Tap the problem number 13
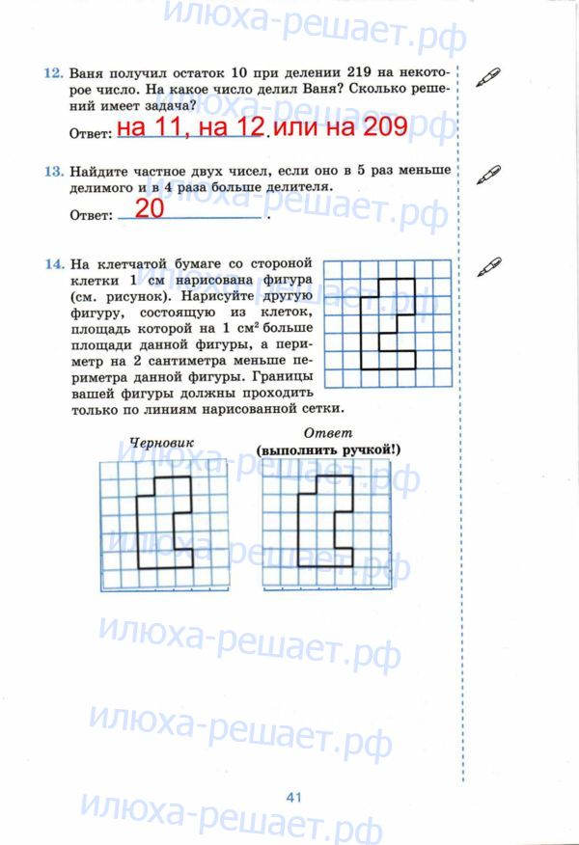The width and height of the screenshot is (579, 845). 52,171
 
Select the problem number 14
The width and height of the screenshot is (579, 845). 52,262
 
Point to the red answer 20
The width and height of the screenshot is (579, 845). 150,208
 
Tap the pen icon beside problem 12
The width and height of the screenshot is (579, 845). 489,75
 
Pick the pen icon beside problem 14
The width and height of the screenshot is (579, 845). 489,264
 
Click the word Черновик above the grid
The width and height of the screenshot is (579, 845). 161,443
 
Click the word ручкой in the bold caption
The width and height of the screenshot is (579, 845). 364,450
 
